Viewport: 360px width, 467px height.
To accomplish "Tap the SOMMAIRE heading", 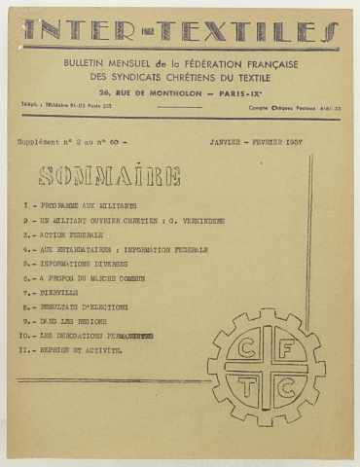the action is pos(109,176).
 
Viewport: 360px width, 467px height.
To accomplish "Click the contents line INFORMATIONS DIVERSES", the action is pos(89,264).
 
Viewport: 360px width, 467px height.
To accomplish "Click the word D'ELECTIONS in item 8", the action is pos(114,306).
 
